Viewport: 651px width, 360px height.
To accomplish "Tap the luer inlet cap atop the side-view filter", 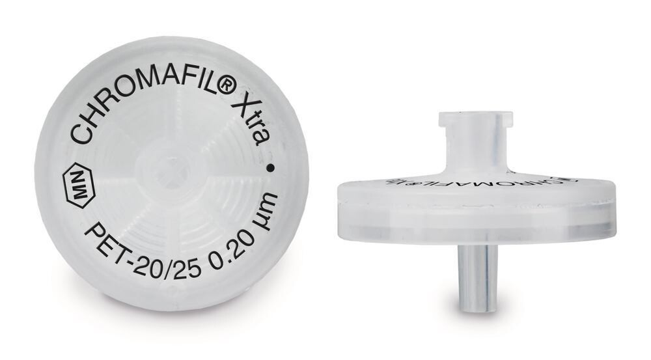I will [475, 120].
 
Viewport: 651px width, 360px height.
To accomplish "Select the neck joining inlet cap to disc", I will [476, 154].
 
